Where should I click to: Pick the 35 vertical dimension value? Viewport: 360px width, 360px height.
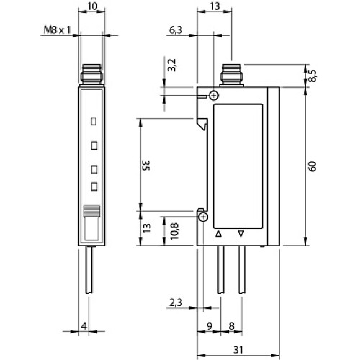pos(145,165)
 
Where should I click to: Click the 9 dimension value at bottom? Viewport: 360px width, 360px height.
pos(208,325)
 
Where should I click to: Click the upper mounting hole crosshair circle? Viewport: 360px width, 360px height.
pos(213,96)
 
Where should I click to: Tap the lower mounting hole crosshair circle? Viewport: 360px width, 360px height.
pos(204,217)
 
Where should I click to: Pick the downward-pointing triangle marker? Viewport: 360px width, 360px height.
pos(241,234)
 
